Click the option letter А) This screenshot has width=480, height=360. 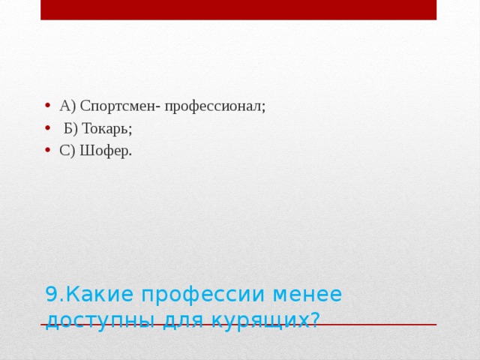click(67, 106)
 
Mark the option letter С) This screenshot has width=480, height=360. click(67, 151)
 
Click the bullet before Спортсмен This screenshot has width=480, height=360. click(48, 105)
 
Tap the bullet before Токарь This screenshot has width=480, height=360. click(48, 127)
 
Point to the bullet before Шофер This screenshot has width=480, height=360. click(48, 150)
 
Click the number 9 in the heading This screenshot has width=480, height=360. click(50, 294)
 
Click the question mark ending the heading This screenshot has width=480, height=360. click(314, 319)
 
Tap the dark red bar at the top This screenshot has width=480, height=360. click(238, 10)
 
